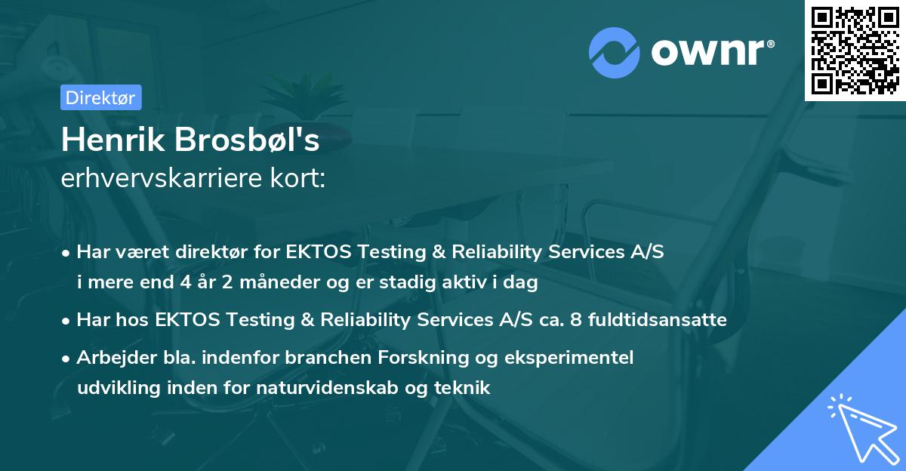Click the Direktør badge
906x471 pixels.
(100, 97)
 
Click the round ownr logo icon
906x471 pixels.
(615, 53)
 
